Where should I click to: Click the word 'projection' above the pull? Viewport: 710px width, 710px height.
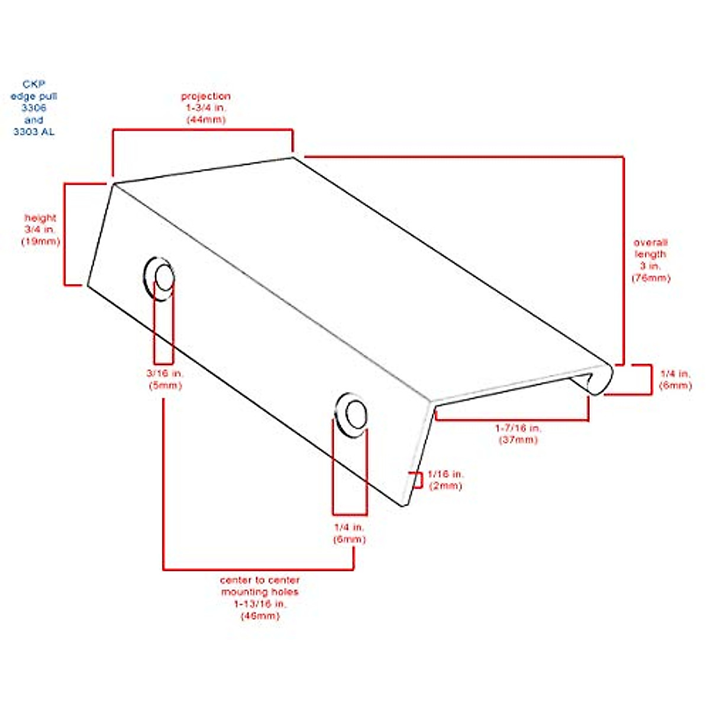pos(205,96)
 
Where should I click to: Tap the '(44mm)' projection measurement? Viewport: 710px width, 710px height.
pos(206,120)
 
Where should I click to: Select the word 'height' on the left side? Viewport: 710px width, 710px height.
pos(40,218)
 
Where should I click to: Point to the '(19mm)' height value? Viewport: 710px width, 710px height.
pos(40,241)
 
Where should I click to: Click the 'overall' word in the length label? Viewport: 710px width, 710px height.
pos(650,243)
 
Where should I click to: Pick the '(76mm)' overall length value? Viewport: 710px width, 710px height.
pos(650,278)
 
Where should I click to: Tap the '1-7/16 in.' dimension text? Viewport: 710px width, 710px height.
pos(518,428)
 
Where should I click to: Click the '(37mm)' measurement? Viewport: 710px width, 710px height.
pos(518,440)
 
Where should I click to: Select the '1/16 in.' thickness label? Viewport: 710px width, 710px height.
pos(445,475)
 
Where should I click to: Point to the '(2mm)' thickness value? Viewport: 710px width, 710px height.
pos(445,486)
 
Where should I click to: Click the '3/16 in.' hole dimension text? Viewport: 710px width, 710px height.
pos(165,373)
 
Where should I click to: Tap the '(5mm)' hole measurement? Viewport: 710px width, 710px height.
pos(165,385)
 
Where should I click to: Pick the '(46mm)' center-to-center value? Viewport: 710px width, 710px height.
pos(260,616)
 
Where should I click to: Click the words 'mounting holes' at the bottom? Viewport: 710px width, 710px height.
pos(260,592)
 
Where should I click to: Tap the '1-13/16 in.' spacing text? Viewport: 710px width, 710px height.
pos(260,604)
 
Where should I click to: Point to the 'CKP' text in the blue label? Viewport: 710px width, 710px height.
pos(34,85)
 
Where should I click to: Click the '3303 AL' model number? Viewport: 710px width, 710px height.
pos(34,132)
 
